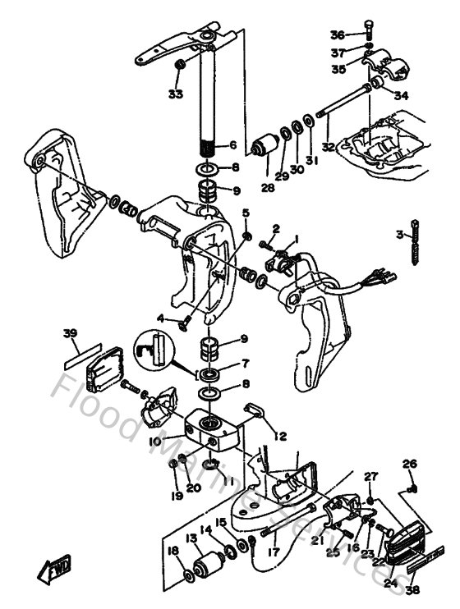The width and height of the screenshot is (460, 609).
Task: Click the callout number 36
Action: click(x=338, y=34)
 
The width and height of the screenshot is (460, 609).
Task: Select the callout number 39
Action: click(x=71, y=332)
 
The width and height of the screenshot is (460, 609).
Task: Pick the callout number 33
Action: click(x=174, y=94)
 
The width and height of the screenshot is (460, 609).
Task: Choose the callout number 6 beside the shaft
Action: click(x=232, y=145)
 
